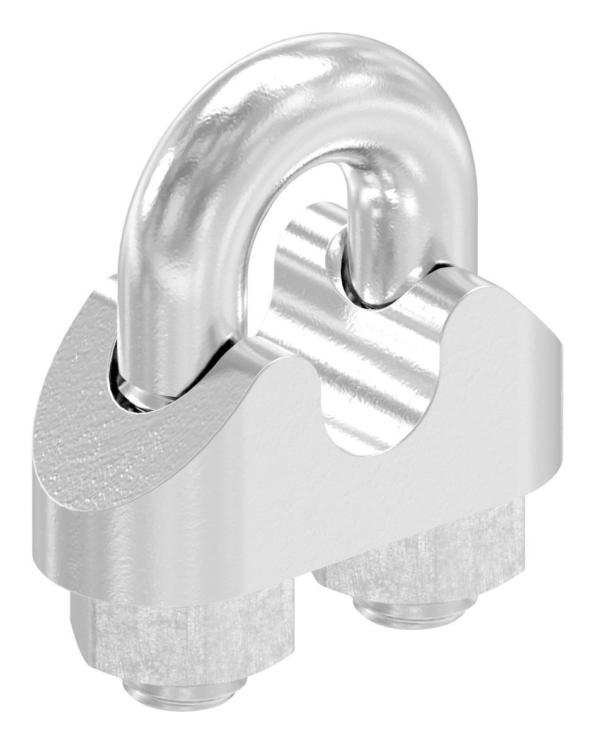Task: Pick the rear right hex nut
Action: [435, 562]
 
